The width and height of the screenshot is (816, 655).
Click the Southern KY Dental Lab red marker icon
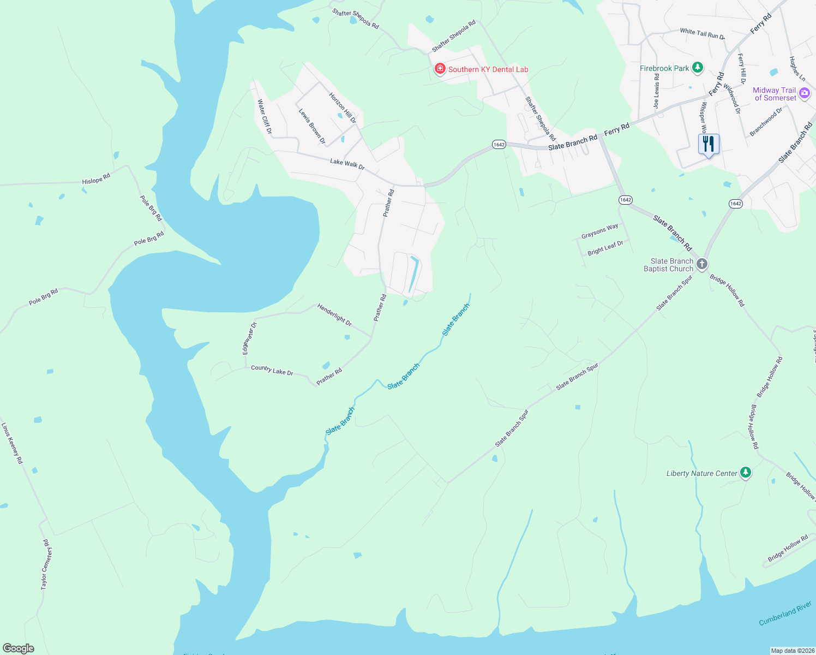440,69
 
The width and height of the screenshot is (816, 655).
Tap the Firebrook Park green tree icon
697,68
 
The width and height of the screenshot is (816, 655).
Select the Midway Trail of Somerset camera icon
804,94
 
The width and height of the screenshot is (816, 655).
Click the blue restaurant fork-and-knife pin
709,145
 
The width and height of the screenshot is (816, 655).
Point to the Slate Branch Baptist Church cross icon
702,264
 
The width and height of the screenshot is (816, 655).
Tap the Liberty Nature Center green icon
746,473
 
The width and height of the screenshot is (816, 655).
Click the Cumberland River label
785,614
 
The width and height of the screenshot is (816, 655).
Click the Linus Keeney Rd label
12,443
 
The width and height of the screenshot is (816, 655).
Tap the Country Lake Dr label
272,371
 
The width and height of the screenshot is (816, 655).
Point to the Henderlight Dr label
334,315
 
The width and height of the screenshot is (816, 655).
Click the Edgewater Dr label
249,338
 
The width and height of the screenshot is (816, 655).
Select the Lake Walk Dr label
347,163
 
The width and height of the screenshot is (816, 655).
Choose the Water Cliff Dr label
265,116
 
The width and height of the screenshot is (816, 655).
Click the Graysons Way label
599,231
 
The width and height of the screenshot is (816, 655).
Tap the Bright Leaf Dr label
605,248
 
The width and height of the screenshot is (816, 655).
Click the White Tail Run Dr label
702,34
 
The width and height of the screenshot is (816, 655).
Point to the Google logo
19,648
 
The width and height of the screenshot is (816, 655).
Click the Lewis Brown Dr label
312,126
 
